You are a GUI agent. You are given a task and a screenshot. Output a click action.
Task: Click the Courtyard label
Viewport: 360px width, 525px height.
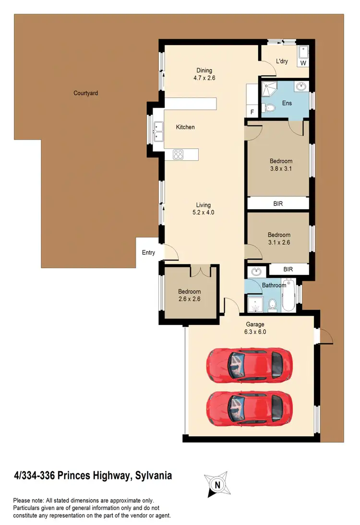pyautogui.click(x=85, y=93)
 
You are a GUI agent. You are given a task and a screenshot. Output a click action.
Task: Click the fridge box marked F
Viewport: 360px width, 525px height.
pyautogui.click(x=252, y=112)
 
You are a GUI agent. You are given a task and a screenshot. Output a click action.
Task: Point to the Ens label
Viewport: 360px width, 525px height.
pyautogui.click(x=287, y=103)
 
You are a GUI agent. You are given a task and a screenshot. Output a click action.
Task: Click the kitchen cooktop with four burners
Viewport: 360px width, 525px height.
pyautogui.click(x=178, y=155)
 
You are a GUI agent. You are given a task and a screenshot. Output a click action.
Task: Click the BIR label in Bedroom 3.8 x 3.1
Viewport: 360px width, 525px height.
pyautogui.click(x=278, y=203)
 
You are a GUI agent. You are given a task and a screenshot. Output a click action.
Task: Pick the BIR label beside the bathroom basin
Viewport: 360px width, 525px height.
pyautogui.click(x=288, y=270)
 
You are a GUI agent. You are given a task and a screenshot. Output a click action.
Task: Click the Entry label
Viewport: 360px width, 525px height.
pyautogui.click(x=148, y=252)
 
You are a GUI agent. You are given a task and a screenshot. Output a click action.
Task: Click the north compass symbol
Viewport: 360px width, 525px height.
pyautogui.click(x=217, y=485)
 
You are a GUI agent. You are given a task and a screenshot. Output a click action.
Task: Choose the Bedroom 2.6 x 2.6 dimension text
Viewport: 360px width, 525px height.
pyautogui.click(x=189, y=298)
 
